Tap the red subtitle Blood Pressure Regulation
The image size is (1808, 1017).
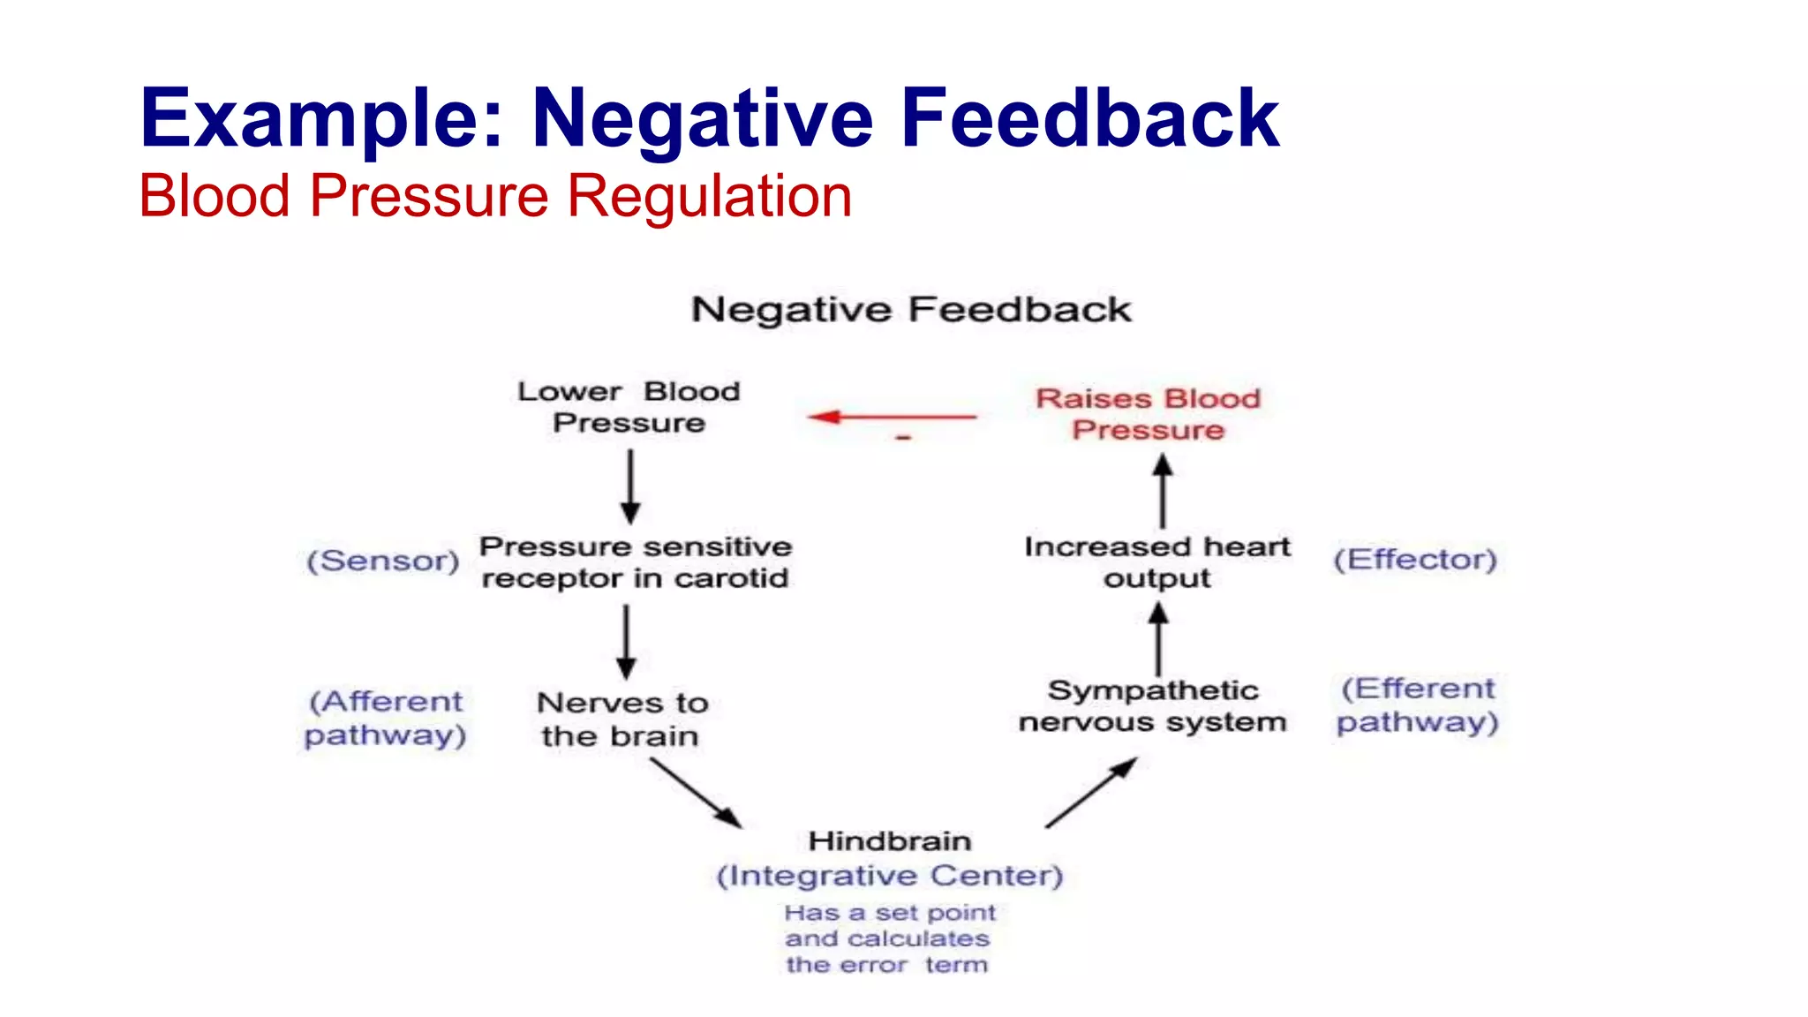[x=494, y=196]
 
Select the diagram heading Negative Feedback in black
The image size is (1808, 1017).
[x=910, y=310]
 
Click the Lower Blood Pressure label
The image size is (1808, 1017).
[x=629, y=407]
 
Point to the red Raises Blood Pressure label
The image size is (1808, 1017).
[x=1148, y=414]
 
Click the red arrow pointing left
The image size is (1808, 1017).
[x=892, y=417]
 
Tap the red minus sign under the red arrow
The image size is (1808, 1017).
[x=903, y=437]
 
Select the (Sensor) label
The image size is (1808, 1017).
[x=383, y=561]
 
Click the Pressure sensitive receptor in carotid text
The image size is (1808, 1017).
[x=635, y=562]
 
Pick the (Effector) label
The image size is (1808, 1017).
[x=1414, y=560]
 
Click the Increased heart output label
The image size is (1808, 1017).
[x=1156, y=562]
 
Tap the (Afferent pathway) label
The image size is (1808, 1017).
[x=385, y=719]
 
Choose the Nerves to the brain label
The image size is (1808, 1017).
[x=621, y=719]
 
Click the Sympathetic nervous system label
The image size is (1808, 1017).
[x=1152, y=706]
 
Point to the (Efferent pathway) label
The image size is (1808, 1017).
[x=1417, y=705]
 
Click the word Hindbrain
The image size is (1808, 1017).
[x=890, y=841]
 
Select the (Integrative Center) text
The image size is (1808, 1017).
[x=889, y=876]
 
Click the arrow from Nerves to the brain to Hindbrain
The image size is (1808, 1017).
[x=696, y=792]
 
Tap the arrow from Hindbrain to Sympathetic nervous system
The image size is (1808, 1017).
[x=1091, y=792]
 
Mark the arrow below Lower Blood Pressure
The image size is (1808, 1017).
[x=630, y=486]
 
